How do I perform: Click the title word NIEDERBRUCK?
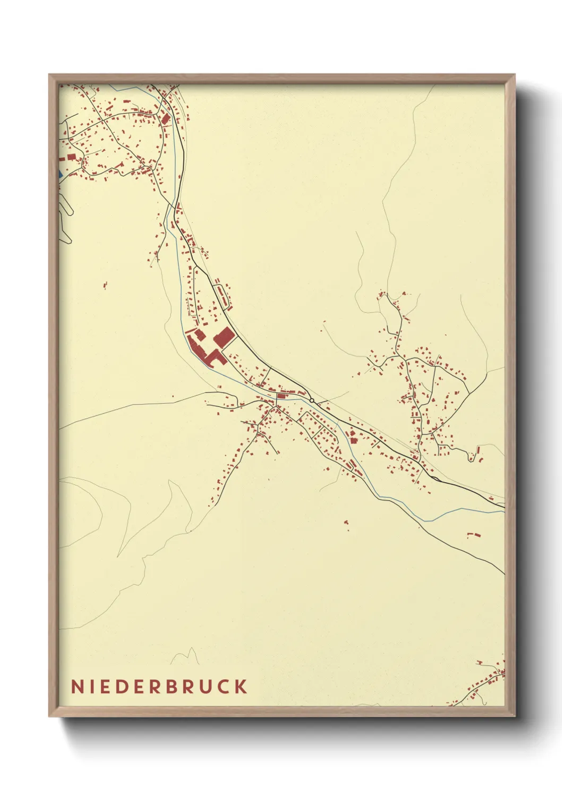[159, 686]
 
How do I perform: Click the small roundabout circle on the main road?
[312, 400]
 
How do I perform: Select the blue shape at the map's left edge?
[60, 174]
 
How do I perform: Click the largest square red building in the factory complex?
[224, 337]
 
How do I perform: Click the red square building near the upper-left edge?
[70, 157]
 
